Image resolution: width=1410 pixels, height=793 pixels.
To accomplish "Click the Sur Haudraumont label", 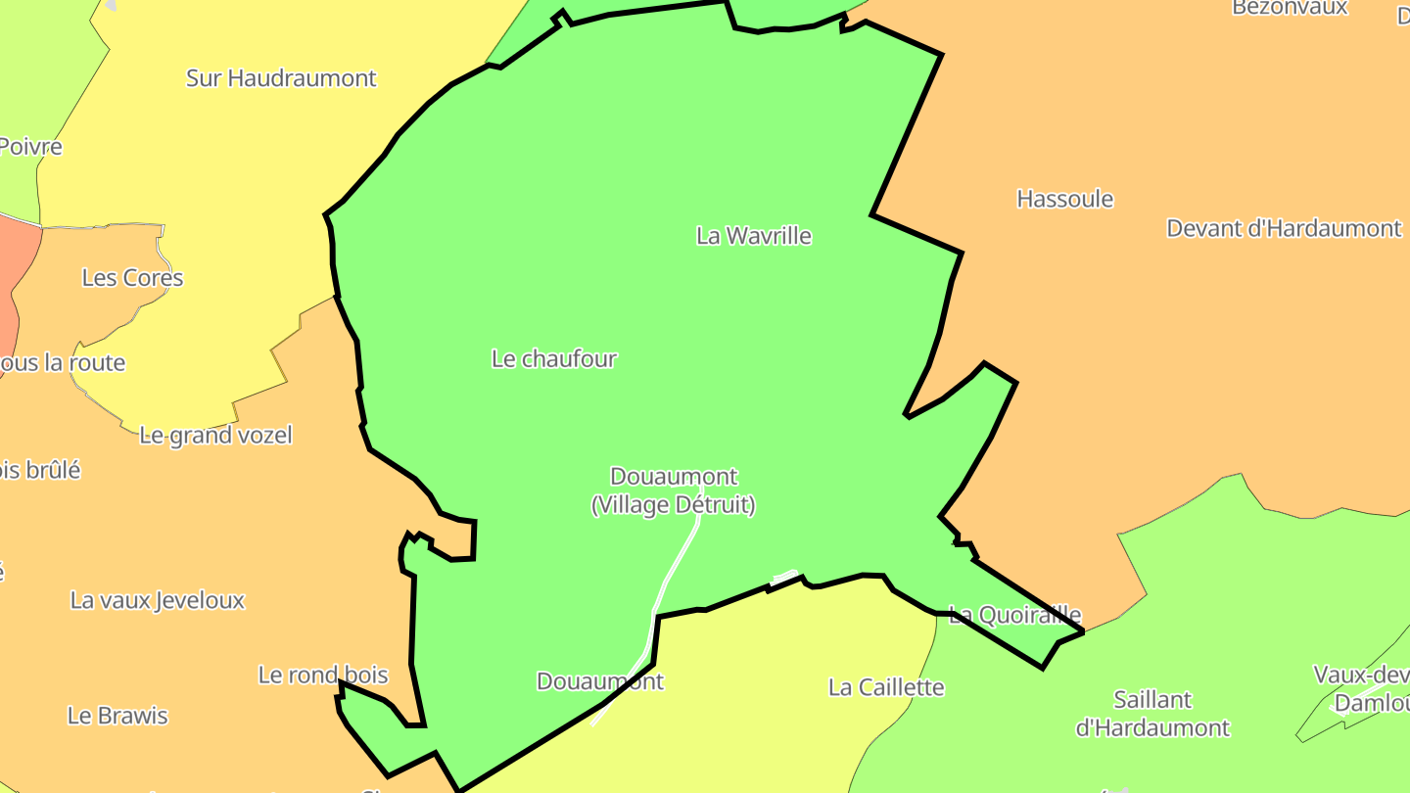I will (x=281, y=78).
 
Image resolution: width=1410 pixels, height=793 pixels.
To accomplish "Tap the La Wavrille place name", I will (x=753, y=236).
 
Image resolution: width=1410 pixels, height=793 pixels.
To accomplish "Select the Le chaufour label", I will (x=554, y=359).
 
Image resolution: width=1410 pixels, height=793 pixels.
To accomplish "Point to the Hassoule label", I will (x=1064, y=200).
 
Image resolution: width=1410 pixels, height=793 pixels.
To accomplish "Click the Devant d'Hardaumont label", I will (x=1284, y=229).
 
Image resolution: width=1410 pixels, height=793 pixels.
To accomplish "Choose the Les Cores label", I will (x=132, y=278).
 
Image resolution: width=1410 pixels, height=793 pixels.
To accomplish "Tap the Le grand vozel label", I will (x=215, y=436).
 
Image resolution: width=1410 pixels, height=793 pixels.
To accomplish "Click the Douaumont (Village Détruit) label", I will (x=674, y=491).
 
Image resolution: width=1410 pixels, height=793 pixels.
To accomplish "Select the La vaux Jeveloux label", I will (x=157, y=600).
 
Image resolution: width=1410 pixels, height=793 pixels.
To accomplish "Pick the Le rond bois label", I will (x=323, y=676).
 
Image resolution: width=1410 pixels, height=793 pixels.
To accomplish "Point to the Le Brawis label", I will (x=117, y=716).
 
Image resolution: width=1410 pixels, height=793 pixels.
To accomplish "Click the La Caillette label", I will (x=886, y=687).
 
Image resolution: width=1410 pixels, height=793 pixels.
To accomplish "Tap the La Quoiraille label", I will (x=1015, y=616).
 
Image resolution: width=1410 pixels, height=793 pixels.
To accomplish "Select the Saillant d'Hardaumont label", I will (x=1152, y=714).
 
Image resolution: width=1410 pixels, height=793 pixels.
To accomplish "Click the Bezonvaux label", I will (x=1290, y=8).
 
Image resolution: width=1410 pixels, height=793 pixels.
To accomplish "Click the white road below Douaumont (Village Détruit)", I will (x=676, y=568).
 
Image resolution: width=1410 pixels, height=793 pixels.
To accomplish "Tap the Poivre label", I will (x=29, y=148).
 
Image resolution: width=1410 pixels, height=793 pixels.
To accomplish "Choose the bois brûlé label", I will (x=39, y=471).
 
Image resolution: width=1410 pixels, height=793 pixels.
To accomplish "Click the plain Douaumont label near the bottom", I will (x=599, y=681).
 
